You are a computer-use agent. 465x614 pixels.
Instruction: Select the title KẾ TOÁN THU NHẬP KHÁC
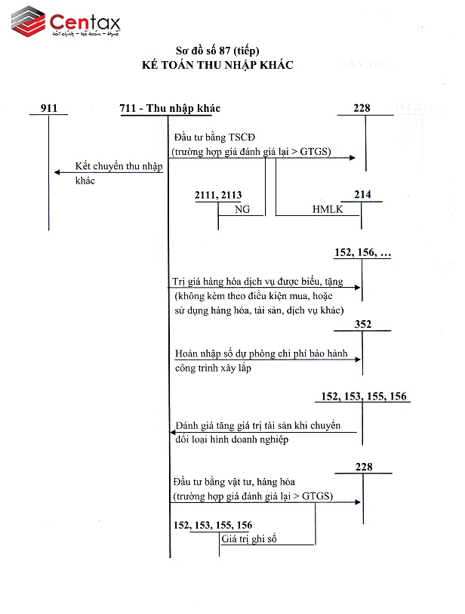click(217, 65)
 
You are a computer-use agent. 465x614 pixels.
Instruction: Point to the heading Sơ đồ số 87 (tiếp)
click(217, 51)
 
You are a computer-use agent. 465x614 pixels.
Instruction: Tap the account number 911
click(48, 108)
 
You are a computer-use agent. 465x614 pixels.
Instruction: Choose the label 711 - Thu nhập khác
click(170, 108)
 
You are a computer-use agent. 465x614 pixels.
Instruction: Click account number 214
click(362, 195)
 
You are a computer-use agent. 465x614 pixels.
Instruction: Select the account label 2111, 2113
click(218, 196)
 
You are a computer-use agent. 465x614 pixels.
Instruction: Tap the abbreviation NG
click(242, 209)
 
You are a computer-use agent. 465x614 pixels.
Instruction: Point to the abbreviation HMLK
click(328, 209)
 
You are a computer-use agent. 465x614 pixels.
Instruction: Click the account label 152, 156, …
click(362, 253)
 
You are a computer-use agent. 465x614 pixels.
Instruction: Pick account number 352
click(362, 325)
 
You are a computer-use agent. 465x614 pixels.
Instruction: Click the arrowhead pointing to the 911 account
click(57, 172)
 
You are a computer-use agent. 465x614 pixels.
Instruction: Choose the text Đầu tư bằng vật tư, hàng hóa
click(234, 482)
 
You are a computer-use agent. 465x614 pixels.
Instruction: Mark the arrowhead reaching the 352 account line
click(359, 359)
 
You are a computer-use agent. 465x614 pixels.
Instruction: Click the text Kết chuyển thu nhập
click(119, 166)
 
